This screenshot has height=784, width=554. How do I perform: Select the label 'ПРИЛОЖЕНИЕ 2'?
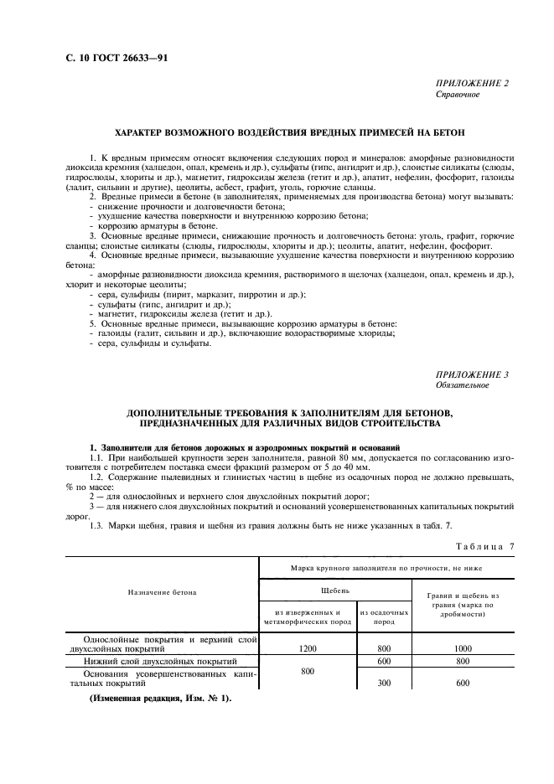pyautogui.click(x=472, y=84)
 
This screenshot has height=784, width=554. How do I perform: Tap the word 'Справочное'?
pyautogui.click(x=458, y=95)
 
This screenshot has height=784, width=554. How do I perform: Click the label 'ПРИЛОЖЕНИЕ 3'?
pyautogui.click(x=472, y=374)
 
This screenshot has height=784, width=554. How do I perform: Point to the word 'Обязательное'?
pyautogui.click(x=462, y=385)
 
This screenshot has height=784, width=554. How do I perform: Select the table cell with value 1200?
pyautogui.click(x=308, y=647)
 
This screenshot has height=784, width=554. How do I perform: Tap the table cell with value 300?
pyautogui.click(x=384, y=683)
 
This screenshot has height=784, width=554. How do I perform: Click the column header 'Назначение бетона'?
pyautogui.click(x=163, y=592)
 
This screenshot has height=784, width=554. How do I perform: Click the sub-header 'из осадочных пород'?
pyautogui.click(x=384, y=616)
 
